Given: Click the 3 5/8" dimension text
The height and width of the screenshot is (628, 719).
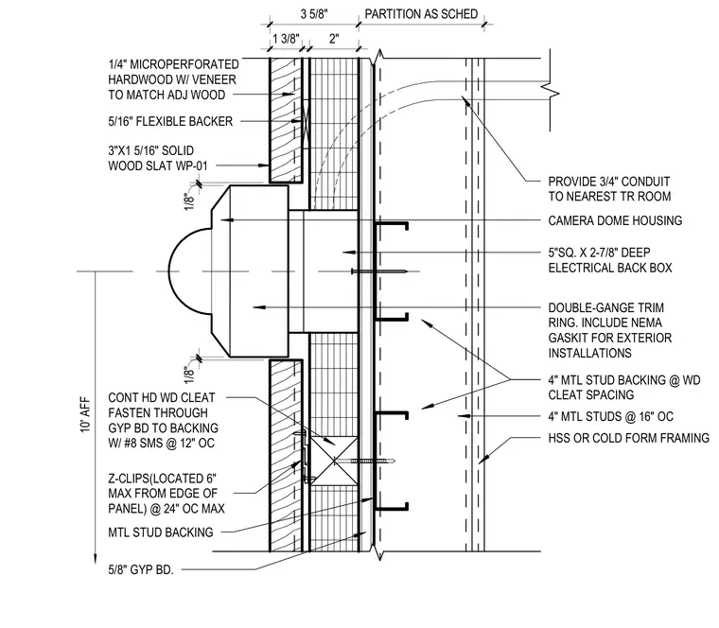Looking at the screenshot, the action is point(314,14).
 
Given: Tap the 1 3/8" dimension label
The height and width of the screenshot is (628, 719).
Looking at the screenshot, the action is point(286,39).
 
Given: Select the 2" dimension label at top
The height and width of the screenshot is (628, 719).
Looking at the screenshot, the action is point(334,39).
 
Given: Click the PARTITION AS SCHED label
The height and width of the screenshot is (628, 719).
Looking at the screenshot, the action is point(421,14).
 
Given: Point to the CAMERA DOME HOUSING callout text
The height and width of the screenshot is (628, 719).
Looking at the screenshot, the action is point(615,220).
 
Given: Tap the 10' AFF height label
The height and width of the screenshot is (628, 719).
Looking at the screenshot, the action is point(85,414).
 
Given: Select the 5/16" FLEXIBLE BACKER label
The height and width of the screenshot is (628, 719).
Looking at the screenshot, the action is point(170,121).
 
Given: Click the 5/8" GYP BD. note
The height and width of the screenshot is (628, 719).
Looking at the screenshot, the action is point(141,569).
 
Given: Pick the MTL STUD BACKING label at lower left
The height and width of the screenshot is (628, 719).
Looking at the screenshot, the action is point(161,532).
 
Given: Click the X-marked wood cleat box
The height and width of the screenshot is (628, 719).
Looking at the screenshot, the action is point(334,461).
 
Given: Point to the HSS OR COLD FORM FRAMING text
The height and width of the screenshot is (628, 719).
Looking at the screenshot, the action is point(629,438).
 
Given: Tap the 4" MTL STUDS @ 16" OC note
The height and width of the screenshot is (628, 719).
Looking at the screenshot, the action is point(611,416).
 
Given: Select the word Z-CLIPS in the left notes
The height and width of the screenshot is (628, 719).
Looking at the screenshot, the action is point(129,479).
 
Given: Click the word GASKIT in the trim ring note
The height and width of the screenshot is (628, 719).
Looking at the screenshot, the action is point(570,338).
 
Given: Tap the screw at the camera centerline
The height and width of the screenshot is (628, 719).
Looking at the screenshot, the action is point(379,271).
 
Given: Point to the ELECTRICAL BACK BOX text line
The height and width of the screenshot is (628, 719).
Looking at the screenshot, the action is point(610,268).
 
